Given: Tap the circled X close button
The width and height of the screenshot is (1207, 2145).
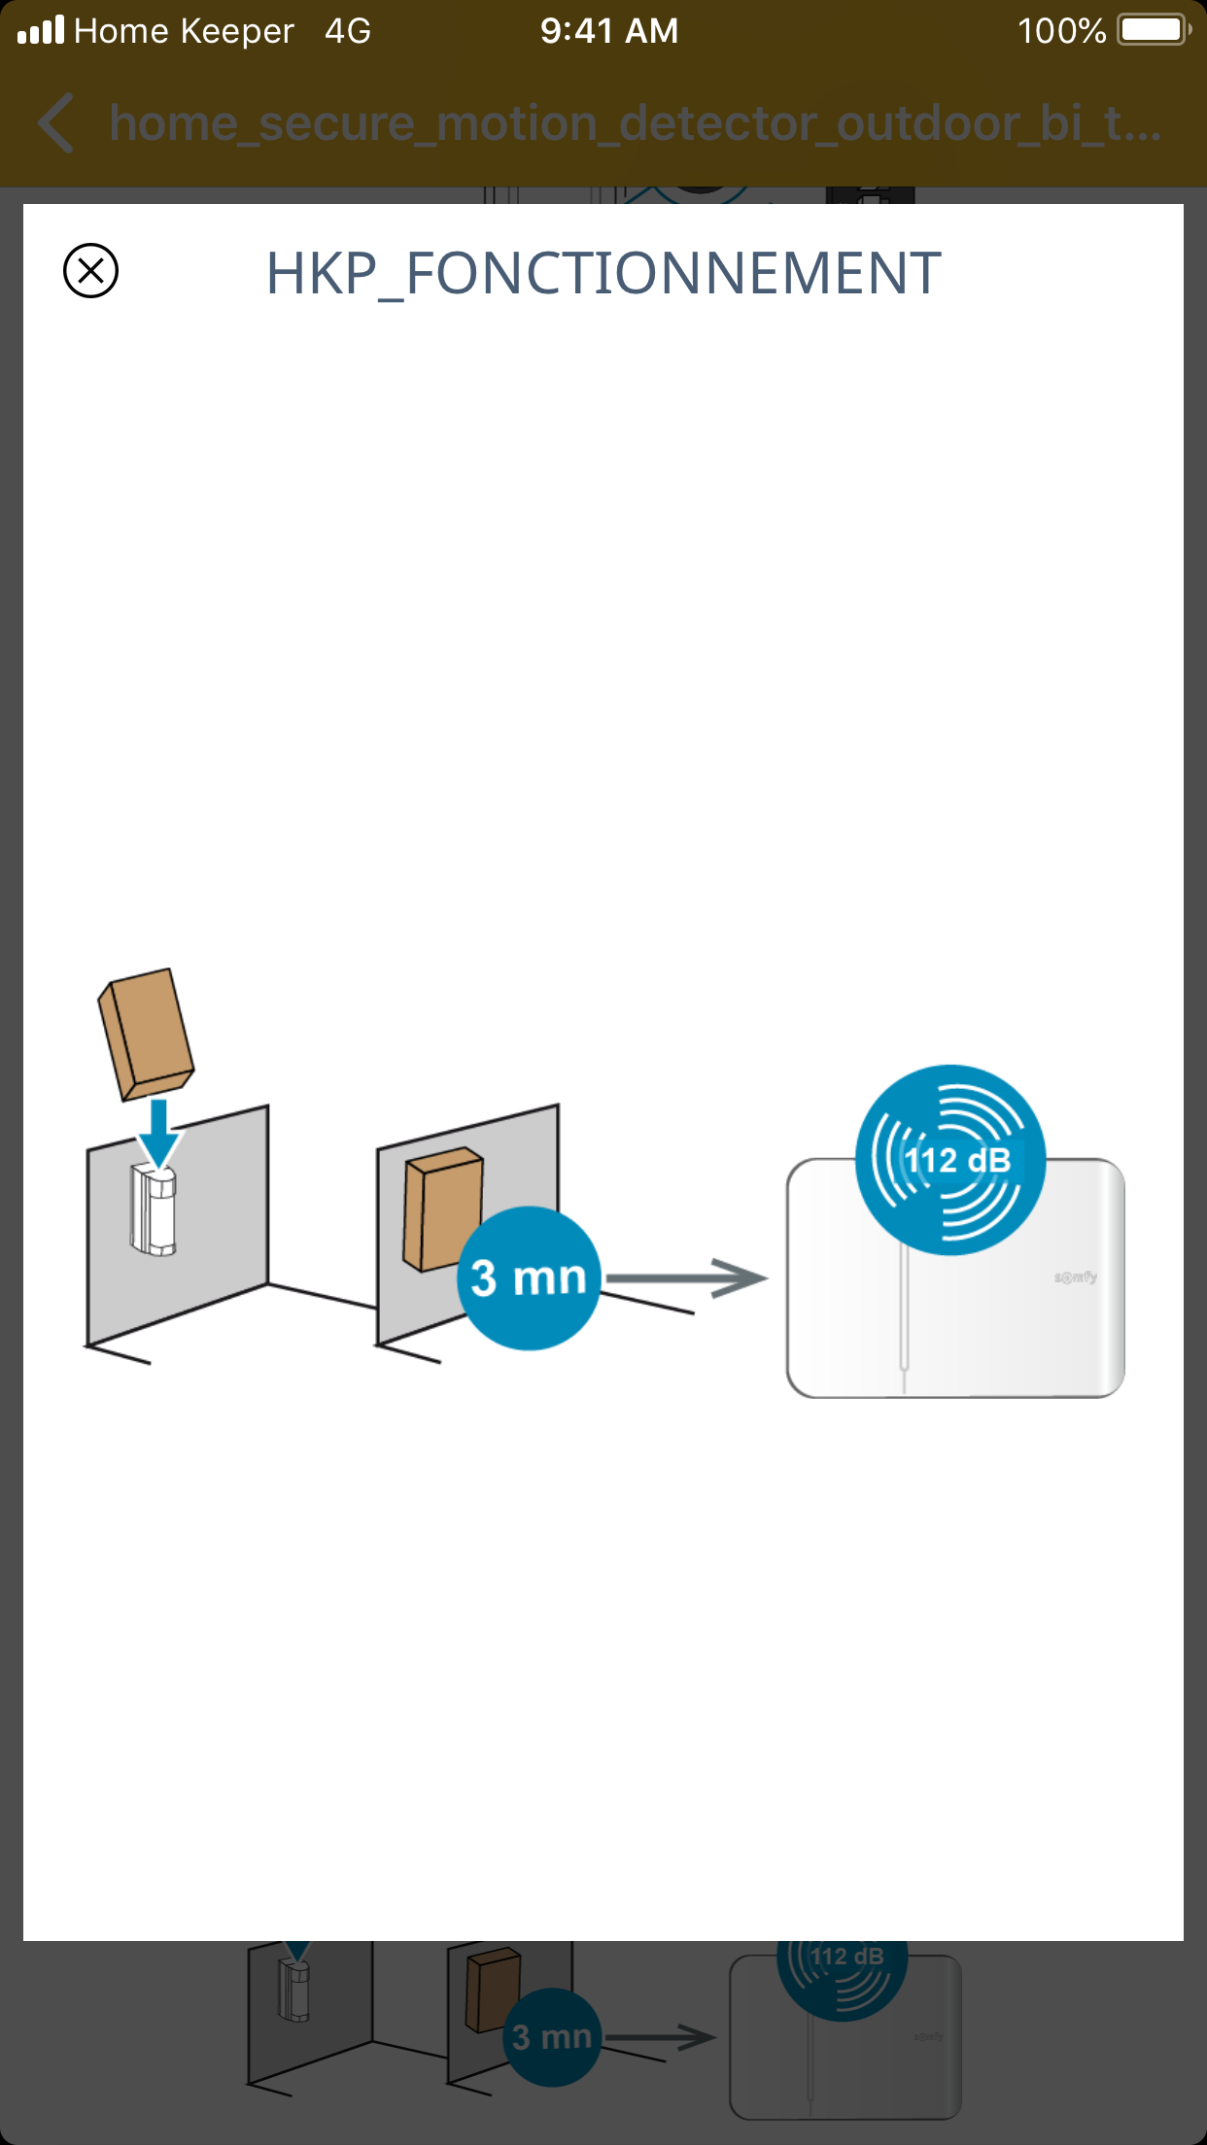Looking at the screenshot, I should click(x=90, y=270).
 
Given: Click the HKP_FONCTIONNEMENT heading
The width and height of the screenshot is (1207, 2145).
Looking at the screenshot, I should click(x=603, y=273).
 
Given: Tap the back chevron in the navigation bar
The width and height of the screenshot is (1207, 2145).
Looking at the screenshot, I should click(x=56, y=123).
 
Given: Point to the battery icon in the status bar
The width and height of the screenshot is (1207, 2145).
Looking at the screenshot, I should click(x=1154, y=30).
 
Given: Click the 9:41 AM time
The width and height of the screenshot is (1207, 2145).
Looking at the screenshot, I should click(x=609, y=31).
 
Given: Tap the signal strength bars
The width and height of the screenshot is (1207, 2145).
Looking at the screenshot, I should click(x=41, y=30).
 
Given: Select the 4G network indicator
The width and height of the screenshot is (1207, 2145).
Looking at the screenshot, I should click(x=348, y=31).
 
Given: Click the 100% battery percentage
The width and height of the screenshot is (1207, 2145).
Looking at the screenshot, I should click(x=1061, y=31).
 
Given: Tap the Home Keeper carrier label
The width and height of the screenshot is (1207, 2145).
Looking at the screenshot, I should click(x=184, y=31).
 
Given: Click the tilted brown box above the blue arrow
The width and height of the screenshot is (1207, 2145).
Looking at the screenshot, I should click(x=146, y=1034).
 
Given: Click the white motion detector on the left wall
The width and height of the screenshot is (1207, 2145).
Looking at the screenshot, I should click(x=154, y=1210).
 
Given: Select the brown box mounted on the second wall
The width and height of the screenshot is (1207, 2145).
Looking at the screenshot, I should click(x=442, y=1209).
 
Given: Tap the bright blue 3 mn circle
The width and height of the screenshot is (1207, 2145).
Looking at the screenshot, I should click(x=529, y=1277).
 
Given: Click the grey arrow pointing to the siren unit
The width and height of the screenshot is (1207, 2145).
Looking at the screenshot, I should click(x=686, y=1278).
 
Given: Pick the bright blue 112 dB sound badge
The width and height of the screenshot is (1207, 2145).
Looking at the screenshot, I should click(x=950, y=1160).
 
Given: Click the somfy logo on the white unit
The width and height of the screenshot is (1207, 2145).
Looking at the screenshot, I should click(x=1076, y=1277).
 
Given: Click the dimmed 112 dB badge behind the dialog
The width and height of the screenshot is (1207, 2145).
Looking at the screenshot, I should click(x=843, y=1972).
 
